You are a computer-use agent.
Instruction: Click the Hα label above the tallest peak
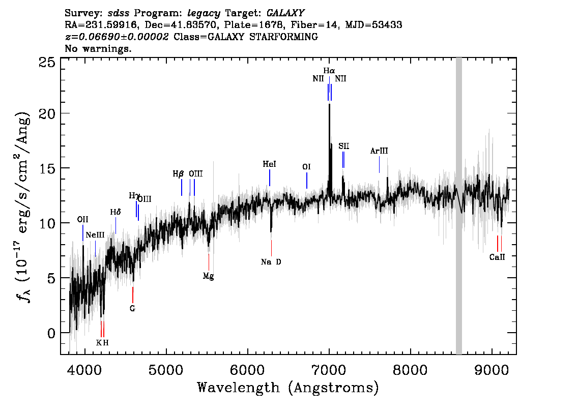329,70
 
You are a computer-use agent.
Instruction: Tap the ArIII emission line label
379,151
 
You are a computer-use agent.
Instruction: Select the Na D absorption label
271,262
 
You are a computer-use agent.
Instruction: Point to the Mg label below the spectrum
208,276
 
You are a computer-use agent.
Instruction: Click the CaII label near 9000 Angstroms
497,257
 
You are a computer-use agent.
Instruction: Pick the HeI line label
269,164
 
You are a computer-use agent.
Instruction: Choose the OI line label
306,167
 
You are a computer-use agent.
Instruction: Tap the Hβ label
178,174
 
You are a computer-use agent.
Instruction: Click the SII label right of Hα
343,146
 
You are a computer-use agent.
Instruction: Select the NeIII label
95,235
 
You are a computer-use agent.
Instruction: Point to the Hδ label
116,212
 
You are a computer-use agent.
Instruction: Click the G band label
132,308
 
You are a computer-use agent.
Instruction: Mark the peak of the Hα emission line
329,104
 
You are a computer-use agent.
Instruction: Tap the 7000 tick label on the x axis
329,368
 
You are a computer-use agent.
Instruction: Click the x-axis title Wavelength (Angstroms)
288,388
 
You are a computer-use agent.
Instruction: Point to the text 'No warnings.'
98,49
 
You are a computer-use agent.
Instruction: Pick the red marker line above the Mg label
209,262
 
